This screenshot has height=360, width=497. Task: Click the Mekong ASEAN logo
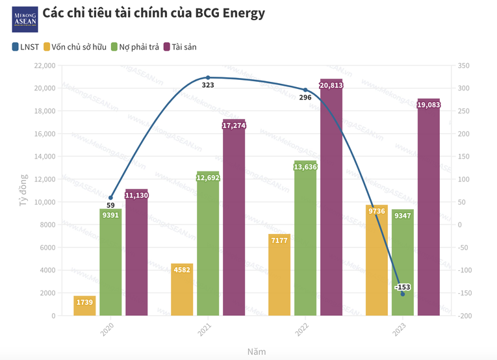coord(25,19)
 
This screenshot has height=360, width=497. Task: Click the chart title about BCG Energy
coord(153,13)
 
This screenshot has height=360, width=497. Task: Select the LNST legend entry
coord(26,47)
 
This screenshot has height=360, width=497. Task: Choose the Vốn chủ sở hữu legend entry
coord(75,47)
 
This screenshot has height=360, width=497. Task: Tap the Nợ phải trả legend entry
coord(136,47)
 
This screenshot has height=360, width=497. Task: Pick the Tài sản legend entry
coord(180,47)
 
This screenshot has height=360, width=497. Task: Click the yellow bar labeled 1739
coord(84,306)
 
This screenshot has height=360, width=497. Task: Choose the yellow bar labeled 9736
coord(377,261)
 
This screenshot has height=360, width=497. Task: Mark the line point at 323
coord(208,77)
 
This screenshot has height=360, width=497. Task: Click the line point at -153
coord(403,294)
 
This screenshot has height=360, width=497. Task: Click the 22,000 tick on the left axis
coord(44,66)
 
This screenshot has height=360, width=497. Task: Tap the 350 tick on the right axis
coord(463,66)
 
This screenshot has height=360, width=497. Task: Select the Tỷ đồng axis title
coord(23,190)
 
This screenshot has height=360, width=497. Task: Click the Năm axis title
coord(257,352)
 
